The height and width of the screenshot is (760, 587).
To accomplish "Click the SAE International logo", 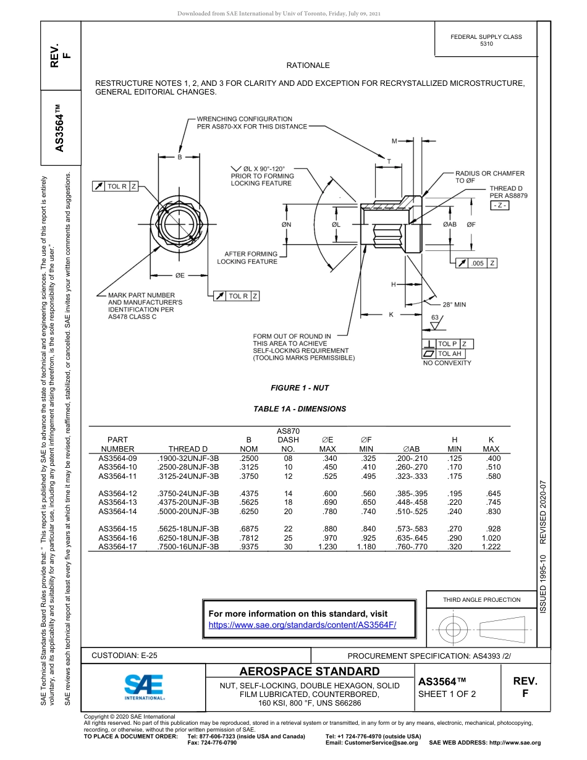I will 143,686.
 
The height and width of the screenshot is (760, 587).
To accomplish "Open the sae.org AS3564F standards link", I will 302,625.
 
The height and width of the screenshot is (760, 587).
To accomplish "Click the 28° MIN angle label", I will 454,305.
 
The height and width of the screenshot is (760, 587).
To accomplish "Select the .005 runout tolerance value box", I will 478,263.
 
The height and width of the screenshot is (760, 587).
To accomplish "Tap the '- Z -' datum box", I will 499,205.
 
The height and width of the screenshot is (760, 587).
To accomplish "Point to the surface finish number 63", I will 435,317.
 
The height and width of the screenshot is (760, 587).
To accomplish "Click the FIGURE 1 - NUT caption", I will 300,388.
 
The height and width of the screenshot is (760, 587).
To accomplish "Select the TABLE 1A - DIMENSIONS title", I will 300,409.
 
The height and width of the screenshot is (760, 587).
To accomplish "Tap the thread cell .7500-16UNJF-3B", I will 188,547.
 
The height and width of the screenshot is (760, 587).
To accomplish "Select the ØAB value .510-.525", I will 411,512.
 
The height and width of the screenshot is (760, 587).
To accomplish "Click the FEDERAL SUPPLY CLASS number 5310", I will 486,44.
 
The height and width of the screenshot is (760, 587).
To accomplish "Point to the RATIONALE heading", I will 308,65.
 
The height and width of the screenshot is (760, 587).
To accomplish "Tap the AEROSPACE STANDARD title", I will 310,672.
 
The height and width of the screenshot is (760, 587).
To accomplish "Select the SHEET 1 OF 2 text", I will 447,694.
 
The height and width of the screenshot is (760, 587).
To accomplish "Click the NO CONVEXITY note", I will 447,363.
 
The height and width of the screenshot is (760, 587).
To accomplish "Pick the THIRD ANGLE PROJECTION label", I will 481,599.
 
